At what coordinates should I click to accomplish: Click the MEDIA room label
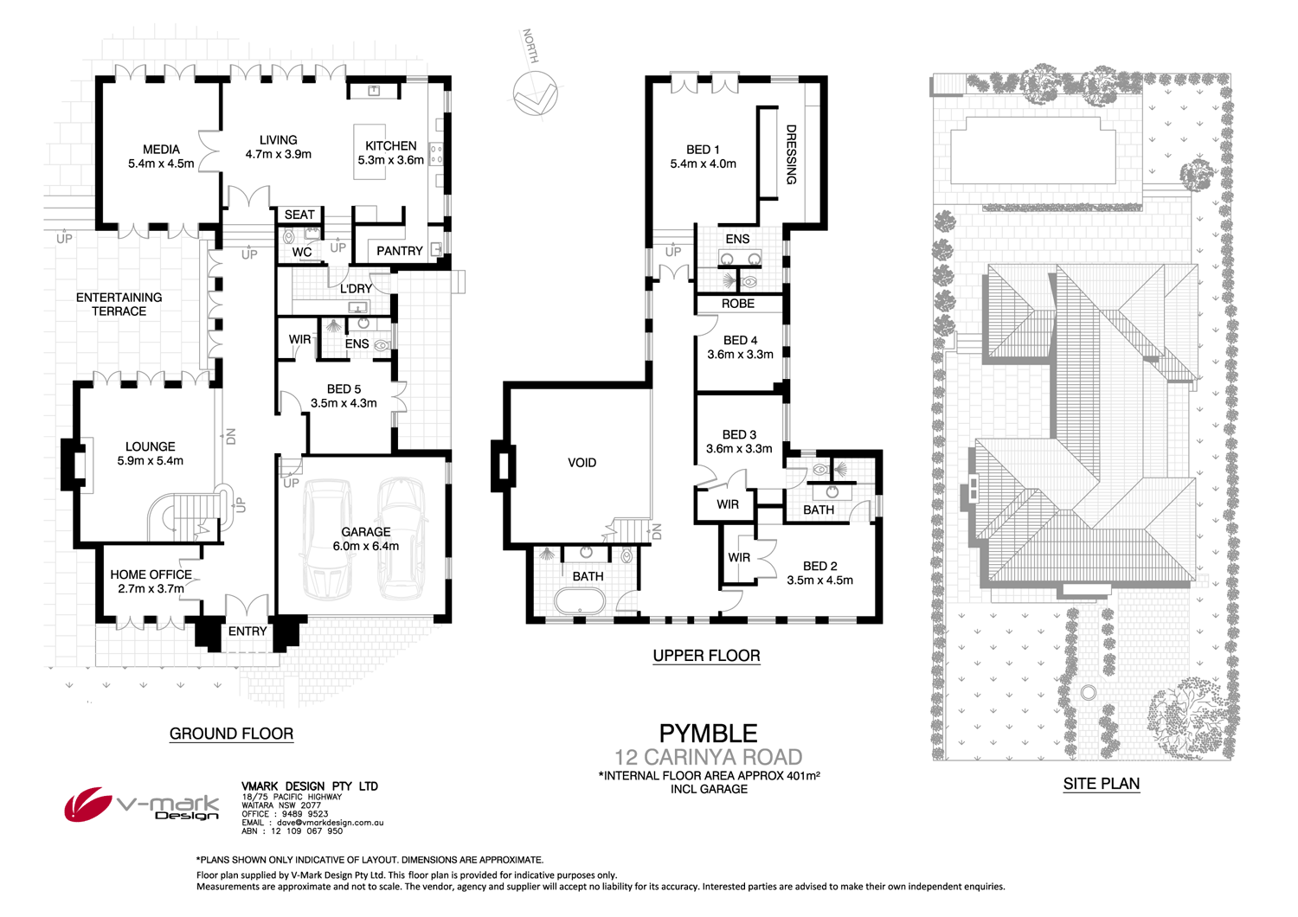(x=161, y=150)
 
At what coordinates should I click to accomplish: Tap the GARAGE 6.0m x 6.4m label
(x=366, y=539)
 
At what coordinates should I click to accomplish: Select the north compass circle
(x=535, y=93)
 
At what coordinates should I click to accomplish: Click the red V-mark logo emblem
(x=87, y=804)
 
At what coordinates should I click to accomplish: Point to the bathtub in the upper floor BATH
(x=580, y=601)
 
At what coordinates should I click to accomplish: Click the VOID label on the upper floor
(x=582, y=463)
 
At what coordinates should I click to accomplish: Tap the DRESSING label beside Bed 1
(x=791, y=155)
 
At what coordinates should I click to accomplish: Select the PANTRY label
(x=399, y=251)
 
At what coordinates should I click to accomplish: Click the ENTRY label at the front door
(x=247, y=632)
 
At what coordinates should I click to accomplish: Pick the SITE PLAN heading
(x=1101, y=784)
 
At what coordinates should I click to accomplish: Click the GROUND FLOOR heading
(x=231, y=734)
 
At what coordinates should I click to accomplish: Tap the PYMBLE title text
(x=708, y=734)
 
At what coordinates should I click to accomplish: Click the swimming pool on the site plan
(x=1033, y=151)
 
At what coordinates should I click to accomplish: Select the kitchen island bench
(x=369, y=151)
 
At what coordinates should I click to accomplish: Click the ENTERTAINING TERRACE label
(x=119, y=305)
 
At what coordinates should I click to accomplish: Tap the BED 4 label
(x=740, y=341)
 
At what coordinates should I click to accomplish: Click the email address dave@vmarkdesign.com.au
(x=331, y=823)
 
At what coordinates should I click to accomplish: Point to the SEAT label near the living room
(x=299, y=215)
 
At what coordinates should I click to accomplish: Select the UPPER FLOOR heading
(x=706, y=656)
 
